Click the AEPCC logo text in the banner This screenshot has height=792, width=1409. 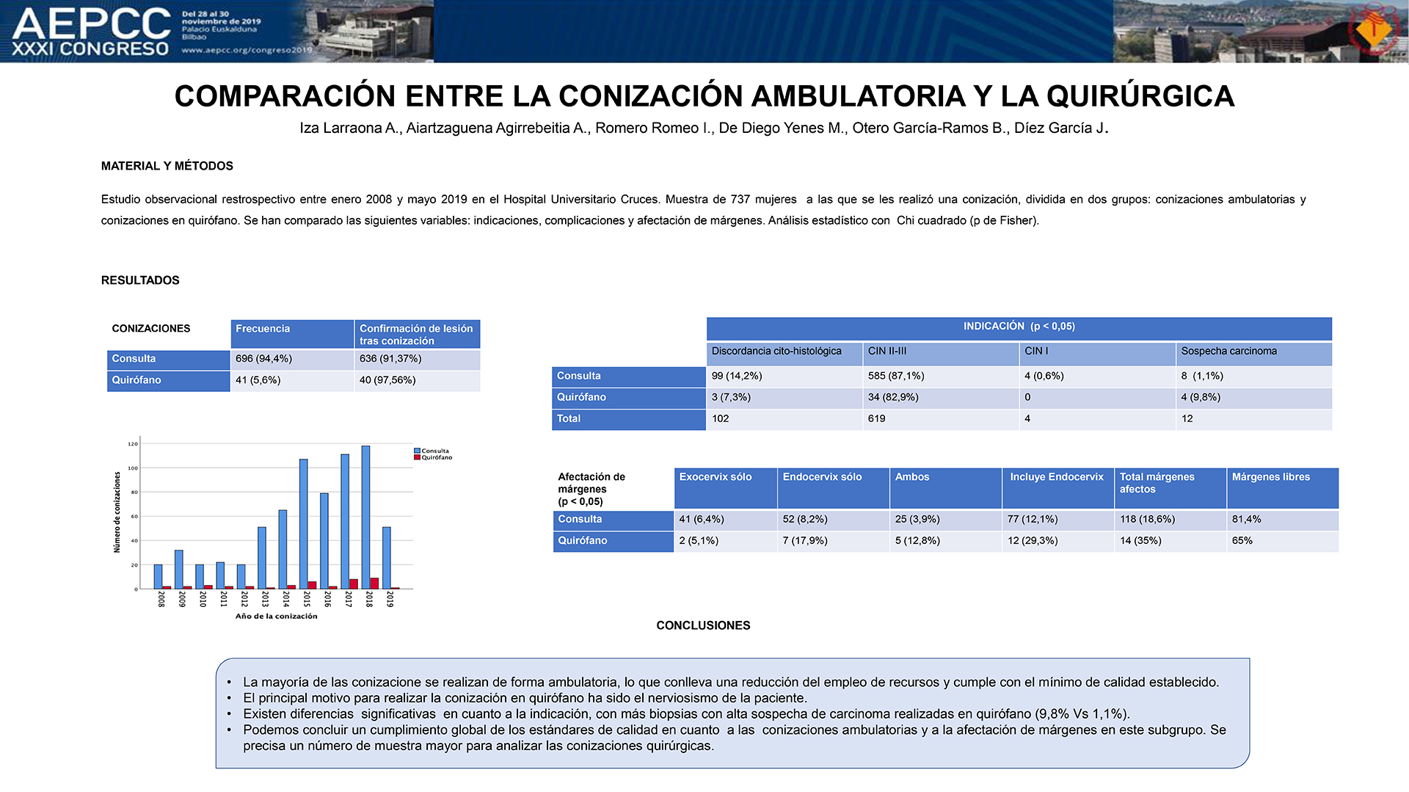click(x=92, y=23)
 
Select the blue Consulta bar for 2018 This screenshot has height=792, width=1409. click(x=365, y=517)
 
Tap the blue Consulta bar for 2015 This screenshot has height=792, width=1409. click(x=304, y=524)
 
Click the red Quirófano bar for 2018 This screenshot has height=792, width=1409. click(x=374, y=584)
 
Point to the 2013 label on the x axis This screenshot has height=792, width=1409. click(x=265, y=599)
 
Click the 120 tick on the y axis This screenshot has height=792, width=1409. click(x=132, y=444)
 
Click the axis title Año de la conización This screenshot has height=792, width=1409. click(x=277, y=616)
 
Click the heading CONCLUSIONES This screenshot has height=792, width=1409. click(x=703, y=625)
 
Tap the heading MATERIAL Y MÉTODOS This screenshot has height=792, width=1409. click(x=167, y=166)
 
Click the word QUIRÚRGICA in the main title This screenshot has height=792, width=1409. click(x=1140, y=96)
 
